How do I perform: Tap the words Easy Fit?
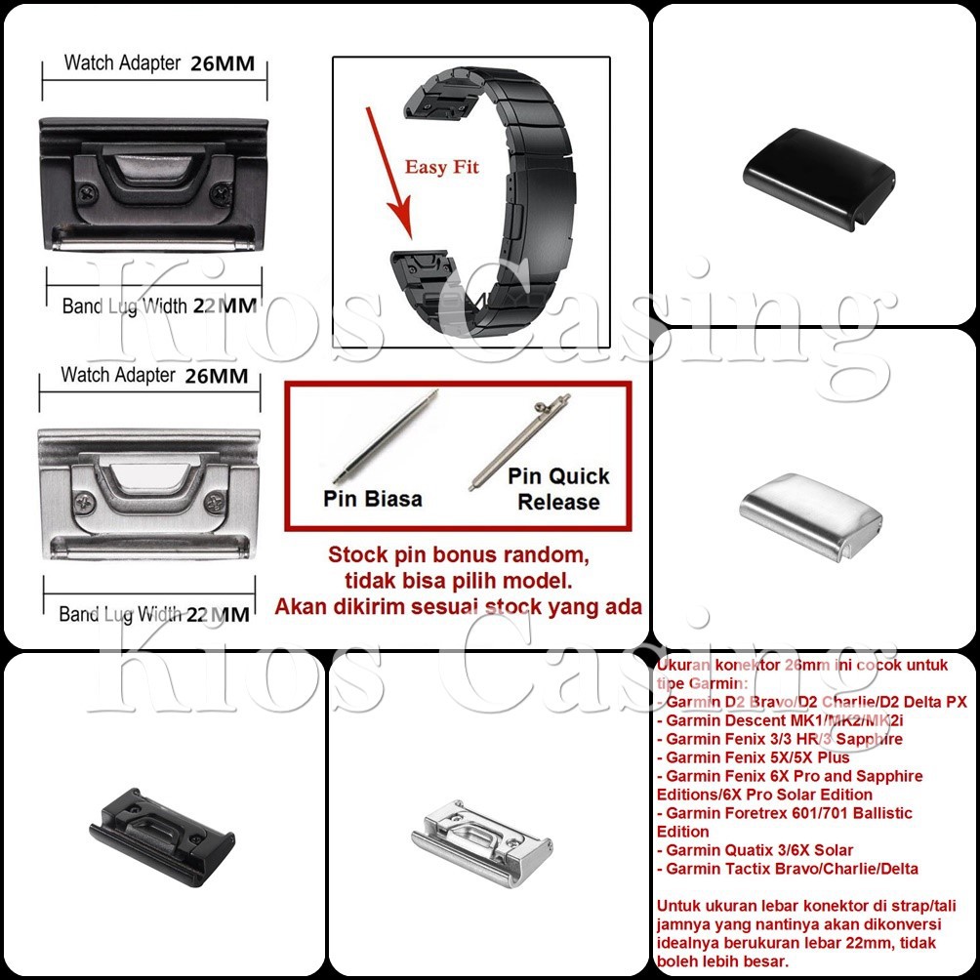coord(442,167)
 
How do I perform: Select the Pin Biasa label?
coord(373,499)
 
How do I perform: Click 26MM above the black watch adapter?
coord(223,64)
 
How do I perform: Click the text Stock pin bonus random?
coord(459,555)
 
